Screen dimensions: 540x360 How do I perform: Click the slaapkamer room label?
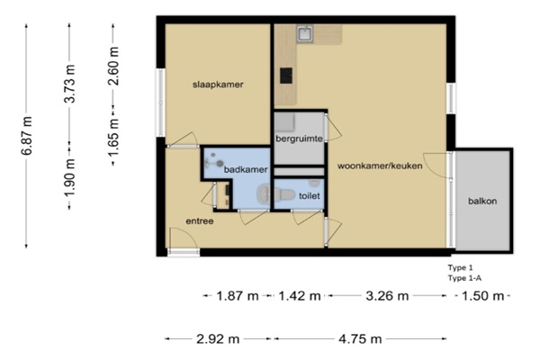coord(218,85)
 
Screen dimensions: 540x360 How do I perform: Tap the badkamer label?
coord(246,169)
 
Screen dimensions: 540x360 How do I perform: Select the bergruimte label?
coord(299,139)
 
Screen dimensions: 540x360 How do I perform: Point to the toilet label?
coord(310,195)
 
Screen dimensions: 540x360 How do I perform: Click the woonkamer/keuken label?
coord(380,166)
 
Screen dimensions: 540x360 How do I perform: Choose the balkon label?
coord(482,201)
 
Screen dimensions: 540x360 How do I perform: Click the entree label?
coord(200,221)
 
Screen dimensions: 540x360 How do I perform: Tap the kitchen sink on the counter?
coord(305,34)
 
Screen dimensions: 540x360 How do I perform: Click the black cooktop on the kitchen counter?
coord(286,76)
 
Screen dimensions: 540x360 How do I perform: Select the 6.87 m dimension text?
coord(27,136)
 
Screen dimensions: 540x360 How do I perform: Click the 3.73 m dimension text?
coord(70,84)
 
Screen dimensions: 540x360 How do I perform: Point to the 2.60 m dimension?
coord(113,66)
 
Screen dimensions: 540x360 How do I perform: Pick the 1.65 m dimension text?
coord(113,137)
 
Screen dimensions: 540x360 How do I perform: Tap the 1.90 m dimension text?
coord(70,177)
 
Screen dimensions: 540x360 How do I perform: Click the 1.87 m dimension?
coord(238,296)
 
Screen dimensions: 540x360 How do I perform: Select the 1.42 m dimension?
coord(300,296)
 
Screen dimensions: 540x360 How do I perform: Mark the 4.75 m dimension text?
coord(360,339)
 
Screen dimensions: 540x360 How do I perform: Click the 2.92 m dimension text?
coord(218,339)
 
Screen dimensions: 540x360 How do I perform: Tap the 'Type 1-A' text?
coord(464,278)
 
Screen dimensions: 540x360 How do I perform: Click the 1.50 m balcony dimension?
coord(482,296)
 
